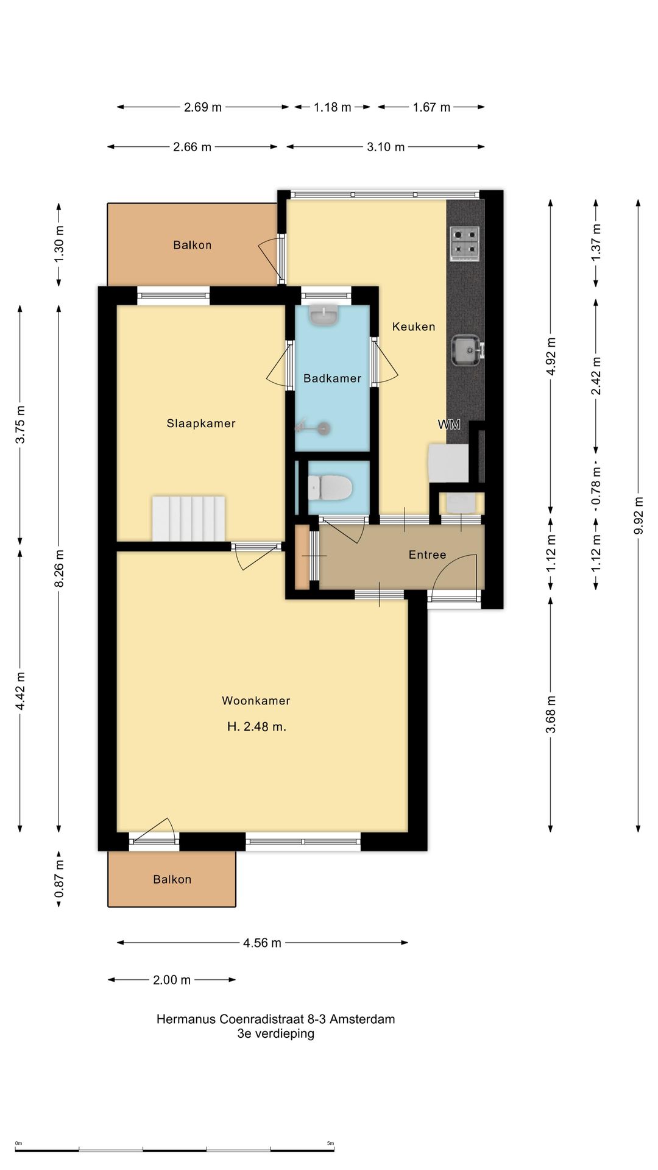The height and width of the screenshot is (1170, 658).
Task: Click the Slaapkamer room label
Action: (201, 424)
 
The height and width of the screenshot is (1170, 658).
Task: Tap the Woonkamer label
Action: (256, 701)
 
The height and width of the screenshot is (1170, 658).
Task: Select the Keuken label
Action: (414, 327)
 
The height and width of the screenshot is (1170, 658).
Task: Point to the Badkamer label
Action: (332, 378)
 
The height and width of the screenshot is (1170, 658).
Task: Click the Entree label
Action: (427, 555)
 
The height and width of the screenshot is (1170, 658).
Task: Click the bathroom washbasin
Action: (324, 315)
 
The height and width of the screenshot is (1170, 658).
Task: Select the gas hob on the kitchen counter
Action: (465, 244)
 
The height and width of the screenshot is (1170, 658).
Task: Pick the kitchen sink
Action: (467, 351)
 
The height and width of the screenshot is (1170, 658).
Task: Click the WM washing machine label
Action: (449, 425)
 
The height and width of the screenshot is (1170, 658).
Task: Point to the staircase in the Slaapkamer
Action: (188, 519)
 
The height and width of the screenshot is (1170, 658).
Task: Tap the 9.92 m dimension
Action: (639, 516)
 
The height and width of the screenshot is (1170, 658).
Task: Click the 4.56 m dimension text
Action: (262, 943)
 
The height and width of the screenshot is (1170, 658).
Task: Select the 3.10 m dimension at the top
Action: (386, 147)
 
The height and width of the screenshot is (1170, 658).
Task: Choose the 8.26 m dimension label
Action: (59, 569)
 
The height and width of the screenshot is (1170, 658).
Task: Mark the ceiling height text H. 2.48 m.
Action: (256, 726)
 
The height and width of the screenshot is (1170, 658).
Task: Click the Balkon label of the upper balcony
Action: (193, 245)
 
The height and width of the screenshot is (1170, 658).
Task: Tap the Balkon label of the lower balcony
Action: (172, 879)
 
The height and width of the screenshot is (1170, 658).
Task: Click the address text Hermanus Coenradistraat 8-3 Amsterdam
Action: (275, 1019)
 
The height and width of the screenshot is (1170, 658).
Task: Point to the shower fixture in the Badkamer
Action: (314, 428)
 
